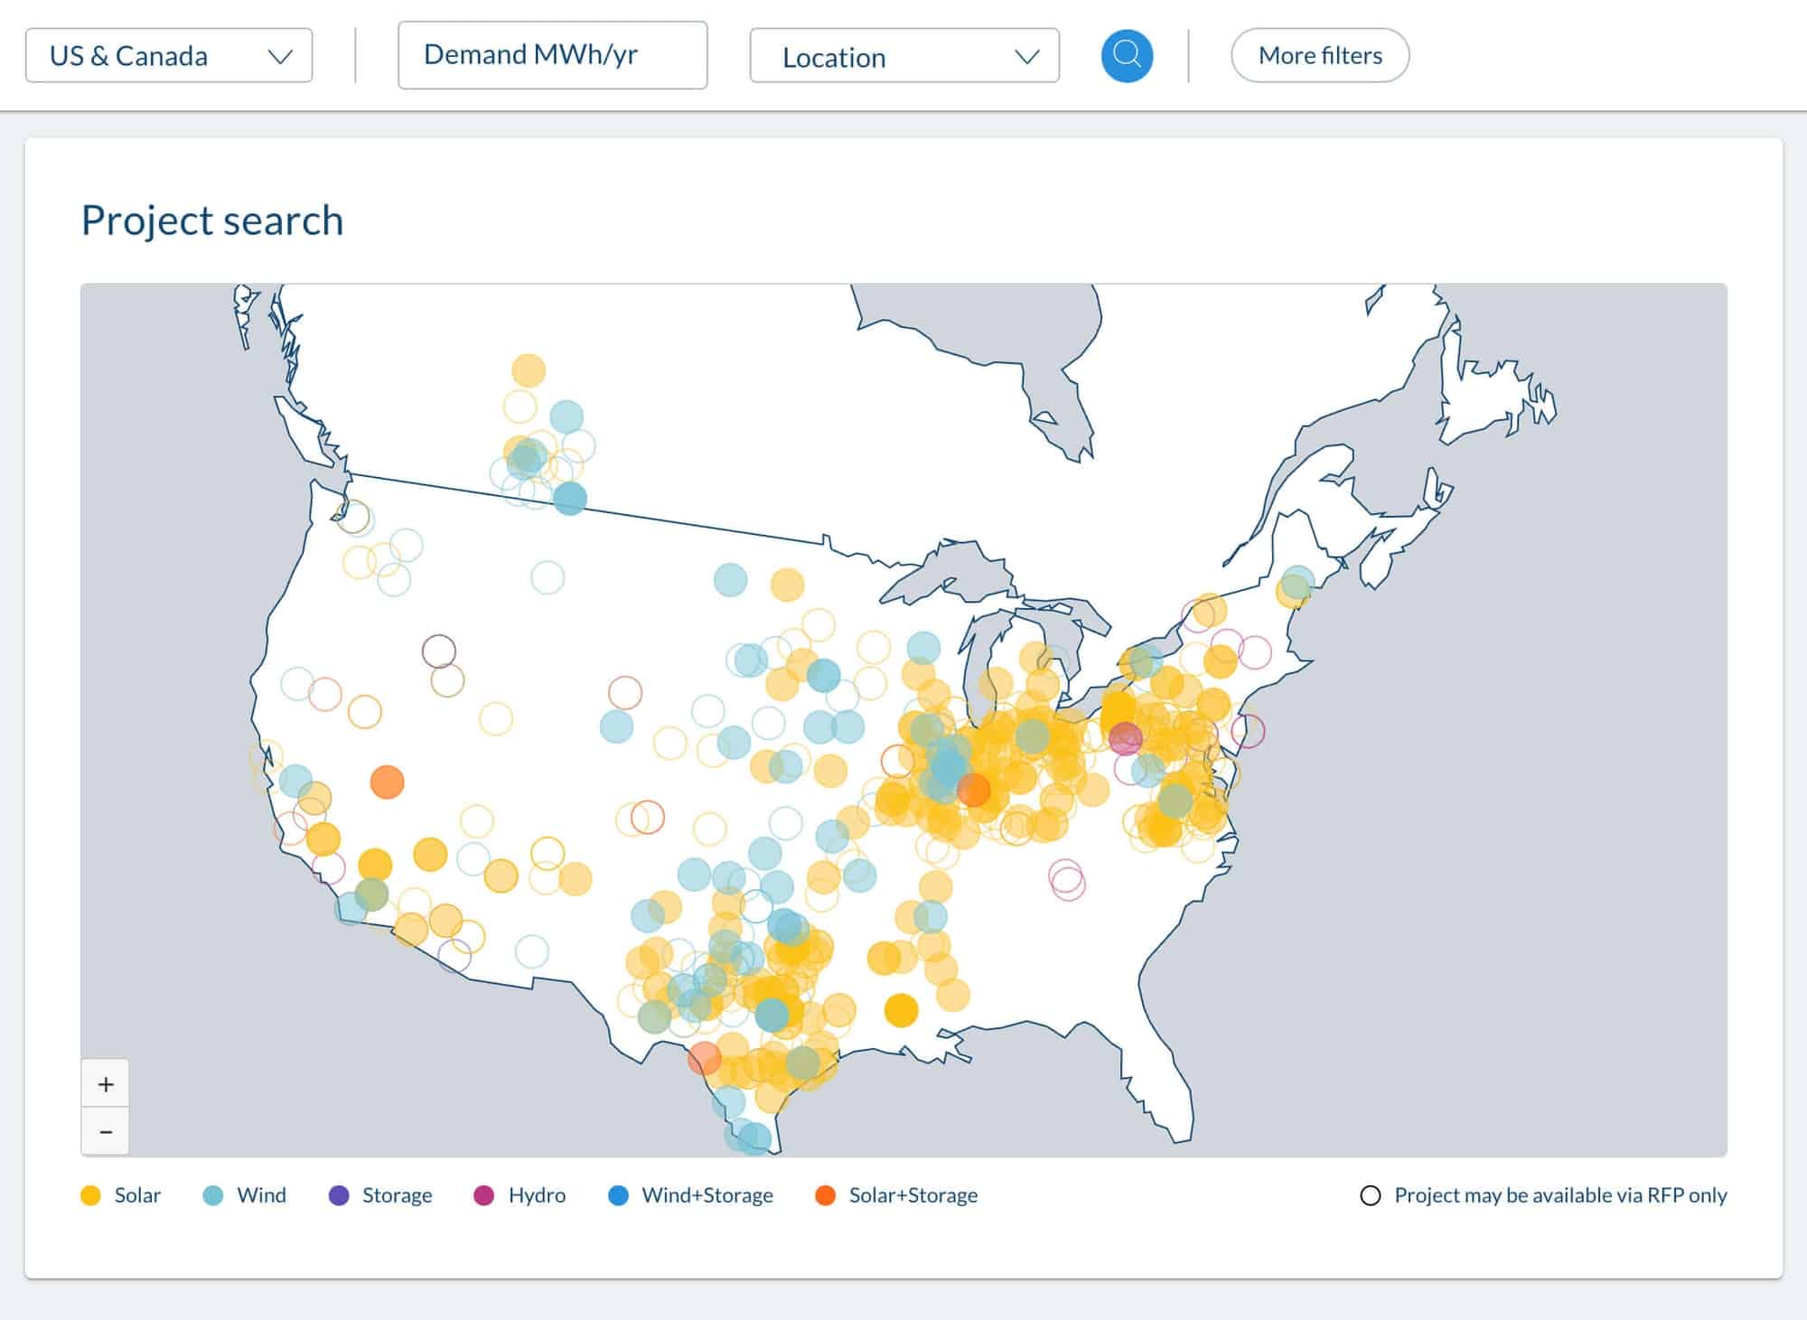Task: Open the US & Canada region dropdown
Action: pyautogui.click(x=169, y=56)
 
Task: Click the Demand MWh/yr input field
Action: pyautogui.click(x=552, y=55)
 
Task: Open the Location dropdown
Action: pyautogui.click(x=903, y=57)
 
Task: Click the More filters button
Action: pyautogui.click(x=1319, y=56)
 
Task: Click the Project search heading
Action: pyautogui.click(x=212, y=220)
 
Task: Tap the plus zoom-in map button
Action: pyautogui.click(x=106, y=1083)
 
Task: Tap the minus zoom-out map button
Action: pyautogui.click(x=106, y=1131)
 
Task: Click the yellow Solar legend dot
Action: pyautogui.click(x=90, y=1195)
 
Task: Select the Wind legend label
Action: pyautogui.click(x=261, y=1195)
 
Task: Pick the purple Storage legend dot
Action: pyautogui.click(x=339, y=1195)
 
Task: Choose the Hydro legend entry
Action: pyautogui.click(x=520, y=1195)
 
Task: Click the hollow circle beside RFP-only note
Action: pyautogui.click(x=1370, y=1195)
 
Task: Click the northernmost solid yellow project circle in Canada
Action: pyautogui.click(x=529, y=370)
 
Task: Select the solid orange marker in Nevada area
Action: pyautogui.click(x=387, y=782)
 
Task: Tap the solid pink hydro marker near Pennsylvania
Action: pyautogui.click(x=1125, y=738)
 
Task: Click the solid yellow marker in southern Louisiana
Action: pyautogui.click(x=901, y=1010)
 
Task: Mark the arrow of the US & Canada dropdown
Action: pyautogui.click(x=280, y=57)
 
